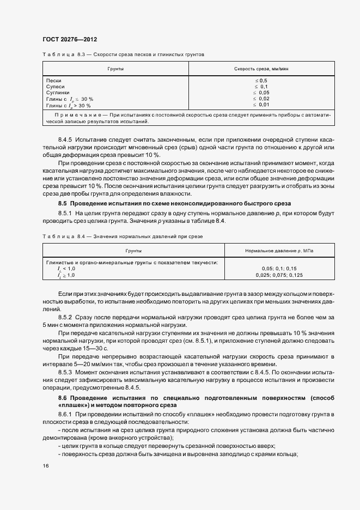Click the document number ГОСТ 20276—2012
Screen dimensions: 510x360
click(69, 39)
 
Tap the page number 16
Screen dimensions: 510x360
click(45, 466)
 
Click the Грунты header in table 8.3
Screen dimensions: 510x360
click(115, 70)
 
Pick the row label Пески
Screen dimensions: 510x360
click(54, 81)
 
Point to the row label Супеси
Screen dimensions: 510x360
click(56, 87)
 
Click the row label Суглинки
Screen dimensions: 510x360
click(58, 93)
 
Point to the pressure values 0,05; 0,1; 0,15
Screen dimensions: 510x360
click(279, 268)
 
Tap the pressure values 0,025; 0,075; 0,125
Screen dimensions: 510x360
click(279, 275)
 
